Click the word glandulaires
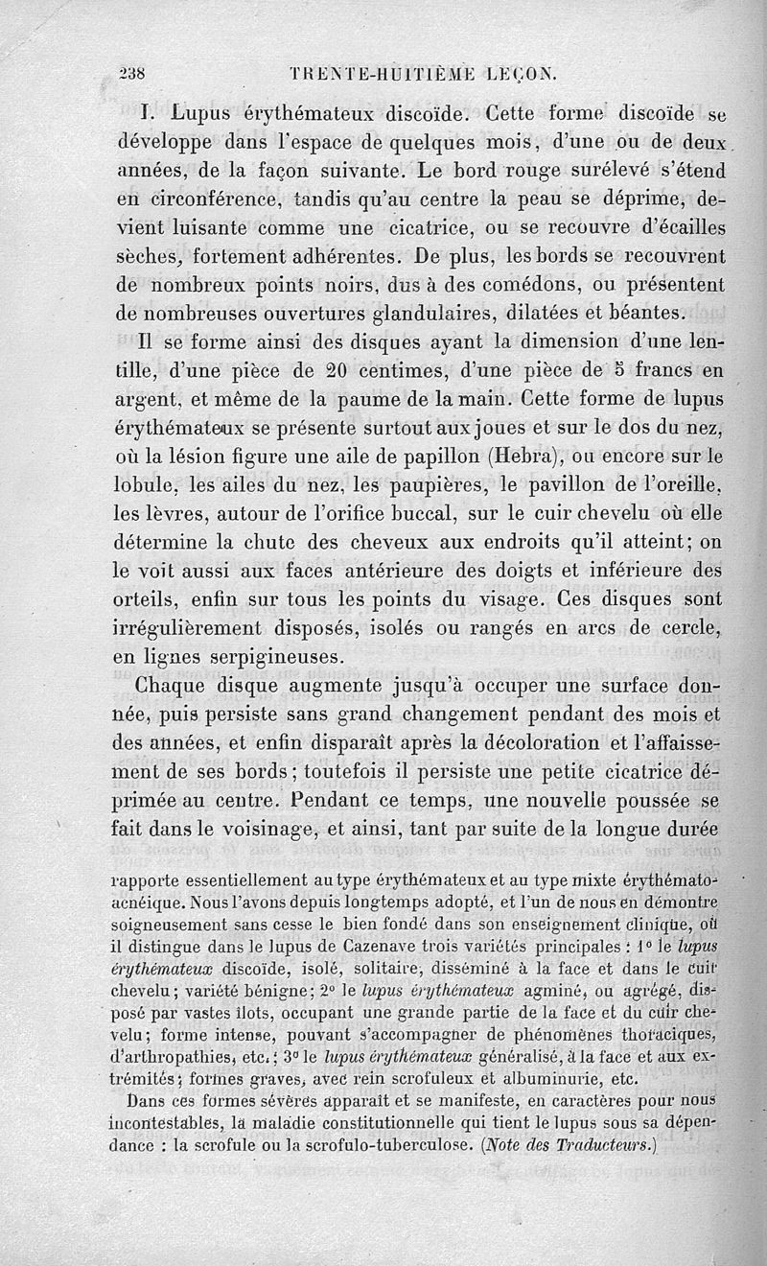(458, 313)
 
